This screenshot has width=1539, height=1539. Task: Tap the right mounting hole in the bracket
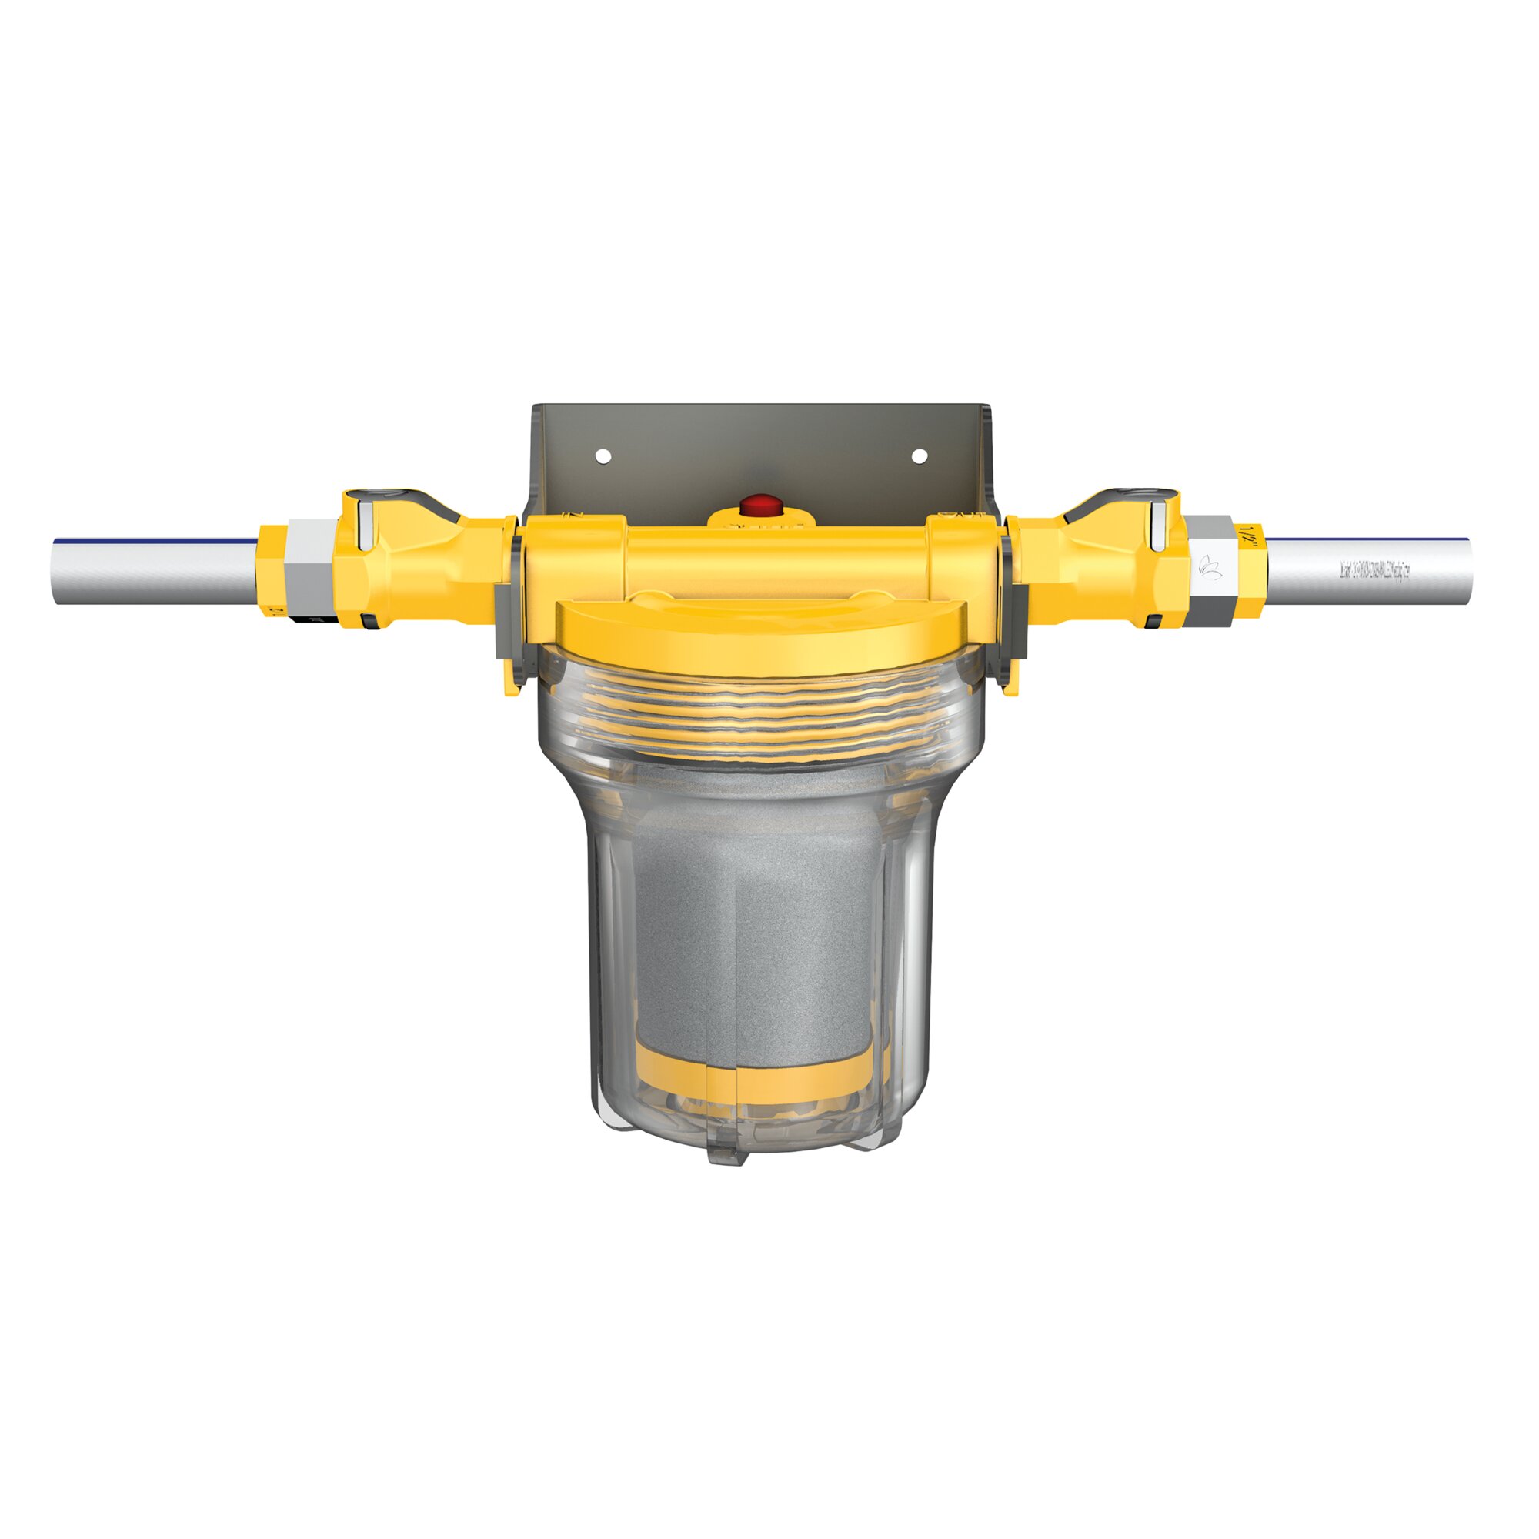[919, 456]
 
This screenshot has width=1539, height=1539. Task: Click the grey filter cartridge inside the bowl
[756, 916]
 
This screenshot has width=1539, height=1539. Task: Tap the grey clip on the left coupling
[506, 621]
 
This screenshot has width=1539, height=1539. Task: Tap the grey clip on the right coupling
[1016, 621]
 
